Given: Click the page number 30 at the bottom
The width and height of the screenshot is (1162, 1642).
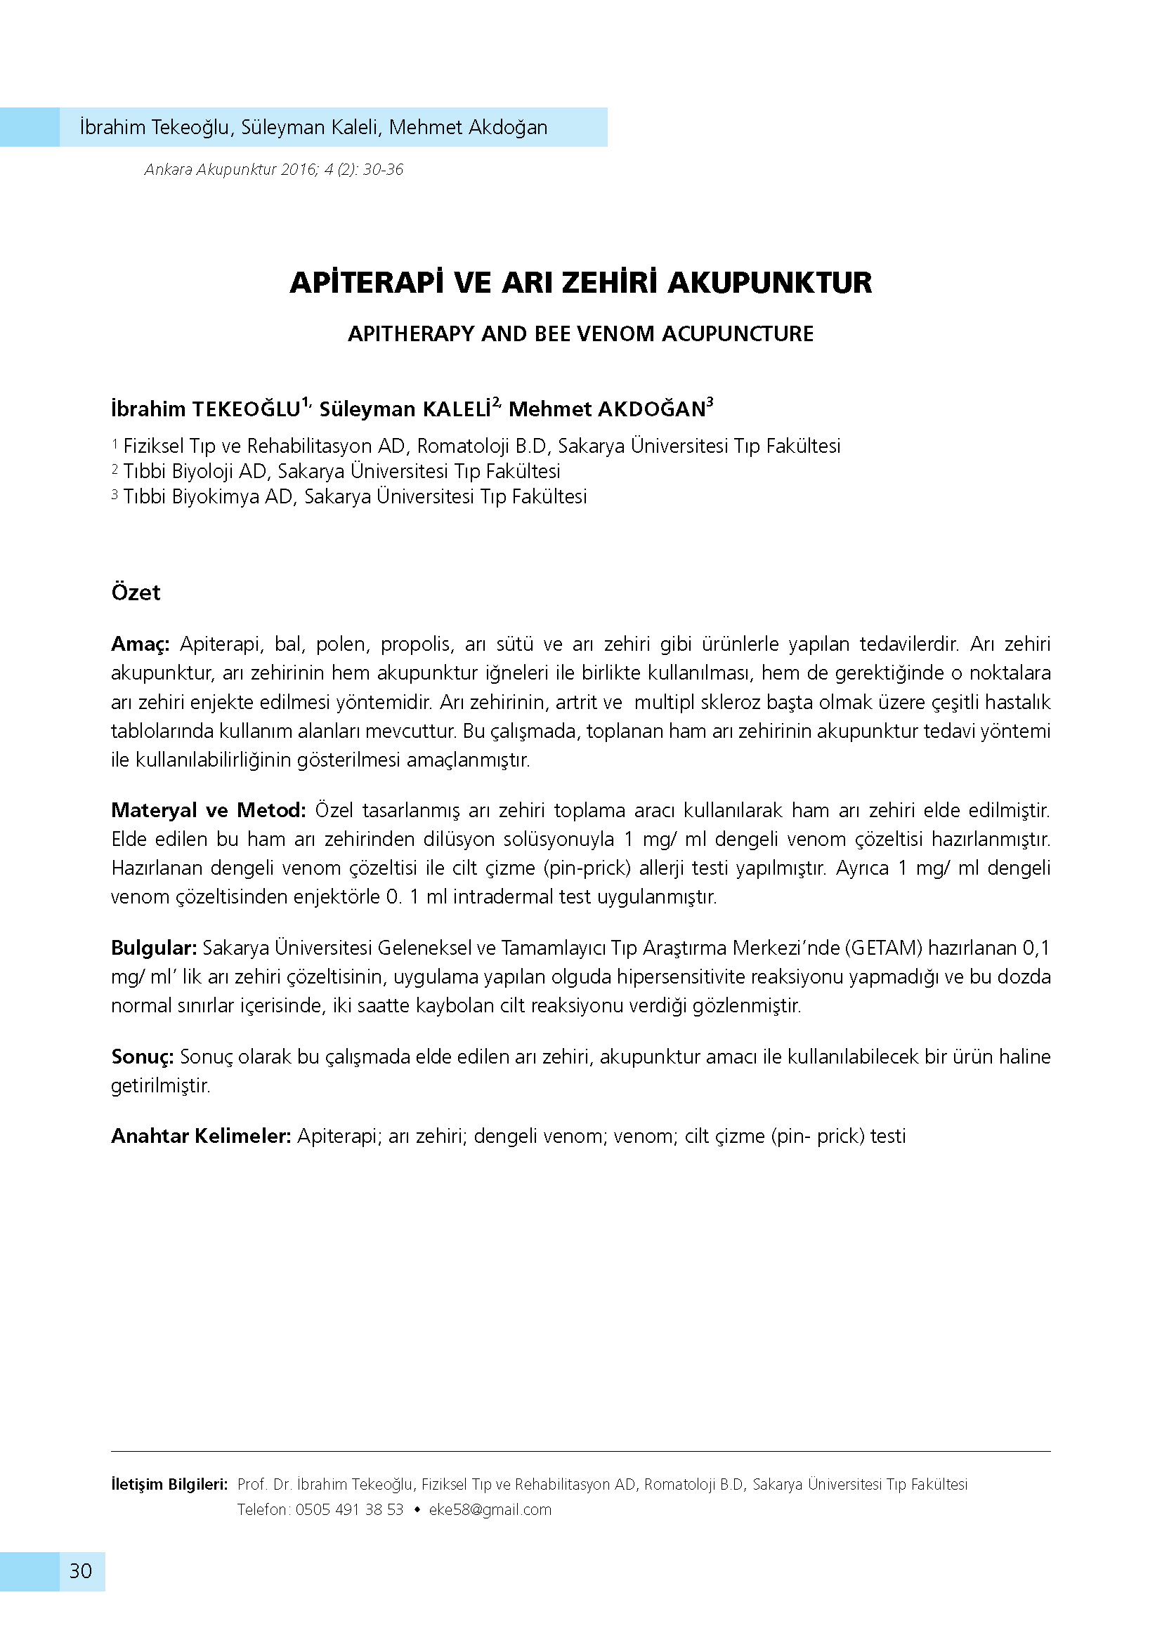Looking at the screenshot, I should pyautogui.click(x=81, y=1570).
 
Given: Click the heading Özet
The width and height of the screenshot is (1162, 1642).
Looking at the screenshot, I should pyautogui.click(x=136, y=592).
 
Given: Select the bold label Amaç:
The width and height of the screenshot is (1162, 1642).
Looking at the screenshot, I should pyautogui.click(x=141, y=644).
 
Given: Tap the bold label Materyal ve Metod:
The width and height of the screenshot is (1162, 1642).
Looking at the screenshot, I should pyautogui.click(x=208, y=810).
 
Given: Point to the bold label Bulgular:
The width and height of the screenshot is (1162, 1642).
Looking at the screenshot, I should pyautogui.click(x=154, y=948).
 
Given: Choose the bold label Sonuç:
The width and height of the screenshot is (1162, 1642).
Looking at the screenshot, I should pyautogui.click(x=143, y=1057).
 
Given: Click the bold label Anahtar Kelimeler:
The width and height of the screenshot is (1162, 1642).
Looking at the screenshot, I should pyautogui.click(x=201, y=1136).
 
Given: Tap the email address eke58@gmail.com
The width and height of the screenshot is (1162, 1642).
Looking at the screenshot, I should pyautogui.click(x=490, y=1509).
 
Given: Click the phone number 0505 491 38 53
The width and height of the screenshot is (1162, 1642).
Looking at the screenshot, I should pyautogui.click(x=349, y=1509).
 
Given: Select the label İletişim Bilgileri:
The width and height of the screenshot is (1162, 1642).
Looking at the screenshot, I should pyautogui.click(x=169, y=1484).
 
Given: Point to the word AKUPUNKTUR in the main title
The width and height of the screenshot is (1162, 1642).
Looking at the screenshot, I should pyautogui.click(x=770, y=282).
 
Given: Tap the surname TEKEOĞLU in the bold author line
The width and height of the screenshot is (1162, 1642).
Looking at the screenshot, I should pyautogui.click(x=247, y=409).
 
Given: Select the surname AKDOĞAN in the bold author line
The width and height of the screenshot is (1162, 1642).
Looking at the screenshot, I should pyautogui.click(x=652, y=409).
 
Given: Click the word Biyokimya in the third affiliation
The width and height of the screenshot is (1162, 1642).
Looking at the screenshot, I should pyautogui.click(x=218, y=496).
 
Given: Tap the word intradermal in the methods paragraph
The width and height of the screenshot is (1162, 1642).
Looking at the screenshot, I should pyautogui.click(x=503, y=896).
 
